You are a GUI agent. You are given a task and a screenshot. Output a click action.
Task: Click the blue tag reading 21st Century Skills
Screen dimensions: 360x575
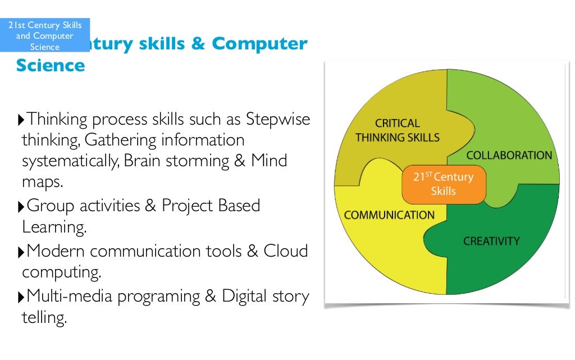tap(45, 35)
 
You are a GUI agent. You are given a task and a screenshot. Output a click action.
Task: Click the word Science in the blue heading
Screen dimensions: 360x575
tap(51, 66)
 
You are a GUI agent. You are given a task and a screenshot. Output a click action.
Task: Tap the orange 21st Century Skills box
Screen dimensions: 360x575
tap(444, 184)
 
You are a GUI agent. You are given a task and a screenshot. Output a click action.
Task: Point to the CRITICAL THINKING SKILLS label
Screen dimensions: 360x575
tap(397, 130)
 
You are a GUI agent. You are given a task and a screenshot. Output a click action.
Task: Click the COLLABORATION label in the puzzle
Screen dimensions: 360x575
tap(509, 156)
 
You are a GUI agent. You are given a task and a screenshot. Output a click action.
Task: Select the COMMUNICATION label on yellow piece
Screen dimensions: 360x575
tap(389, 215)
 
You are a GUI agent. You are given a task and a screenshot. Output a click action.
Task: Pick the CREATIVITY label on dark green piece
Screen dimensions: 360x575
tap(491, 241)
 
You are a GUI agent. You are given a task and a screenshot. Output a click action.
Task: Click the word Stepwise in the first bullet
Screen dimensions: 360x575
tap(278, 120)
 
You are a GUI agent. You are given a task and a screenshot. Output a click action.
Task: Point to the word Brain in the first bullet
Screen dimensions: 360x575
tap(143, 161)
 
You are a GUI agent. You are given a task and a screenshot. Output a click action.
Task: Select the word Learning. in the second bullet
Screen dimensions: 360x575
tap(54, 227)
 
